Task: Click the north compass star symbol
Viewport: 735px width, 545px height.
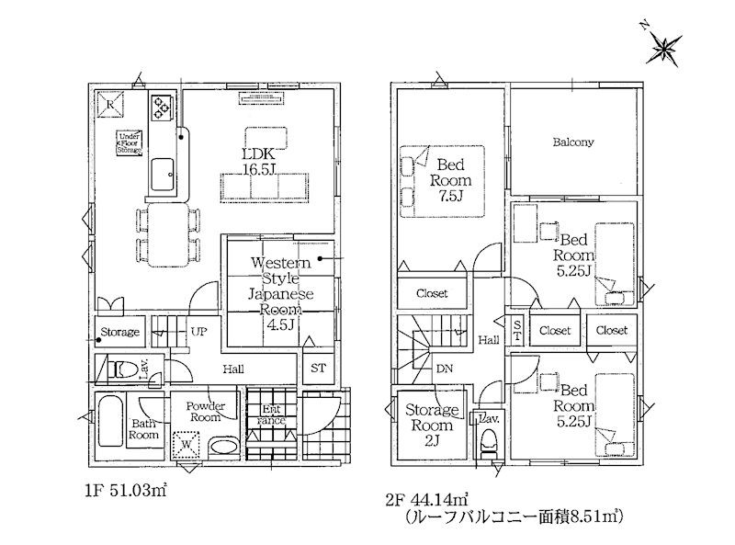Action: pos(663,49)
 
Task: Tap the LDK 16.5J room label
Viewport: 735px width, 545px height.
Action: pos(258,162)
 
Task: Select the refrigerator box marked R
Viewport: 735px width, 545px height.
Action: pos(110,104)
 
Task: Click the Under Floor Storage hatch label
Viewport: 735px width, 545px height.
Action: pos(130,143)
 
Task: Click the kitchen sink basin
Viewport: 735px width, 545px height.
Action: pos(163,174)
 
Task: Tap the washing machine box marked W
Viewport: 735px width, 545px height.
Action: pos(187,444)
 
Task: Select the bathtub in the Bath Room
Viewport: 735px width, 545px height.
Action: pos(110,421)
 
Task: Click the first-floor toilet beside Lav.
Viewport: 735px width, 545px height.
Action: pos(122,370)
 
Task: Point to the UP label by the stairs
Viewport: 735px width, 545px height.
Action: pos(198,332)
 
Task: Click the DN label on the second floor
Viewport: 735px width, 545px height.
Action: pos(445,369)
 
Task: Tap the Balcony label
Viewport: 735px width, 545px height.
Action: pos(573,142)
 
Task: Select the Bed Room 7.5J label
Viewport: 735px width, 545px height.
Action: pos(450,179)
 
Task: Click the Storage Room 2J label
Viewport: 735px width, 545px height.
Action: pos(432,425)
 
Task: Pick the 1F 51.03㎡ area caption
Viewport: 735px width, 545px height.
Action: pos(126,491)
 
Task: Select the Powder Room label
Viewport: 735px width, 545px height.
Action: pos(205,412)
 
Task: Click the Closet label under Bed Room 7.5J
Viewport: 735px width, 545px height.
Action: pos(432,293)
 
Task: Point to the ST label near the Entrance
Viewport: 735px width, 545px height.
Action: pos(318,369)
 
